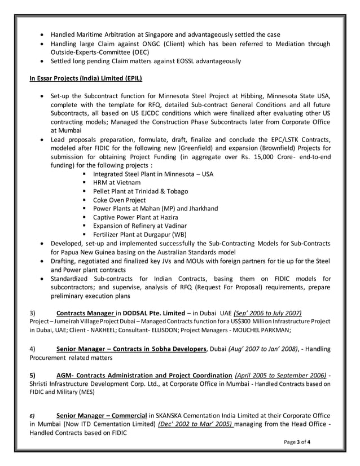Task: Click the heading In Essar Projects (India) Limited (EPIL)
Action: tap(85, 78)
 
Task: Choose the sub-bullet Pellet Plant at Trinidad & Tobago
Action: tap(141, 191)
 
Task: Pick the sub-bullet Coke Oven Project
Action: tap(119, 200)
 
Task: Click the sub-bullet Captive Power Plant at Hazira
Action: tap(135, 217)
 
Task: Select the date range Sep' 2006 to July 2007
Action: tap(269, 313)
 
